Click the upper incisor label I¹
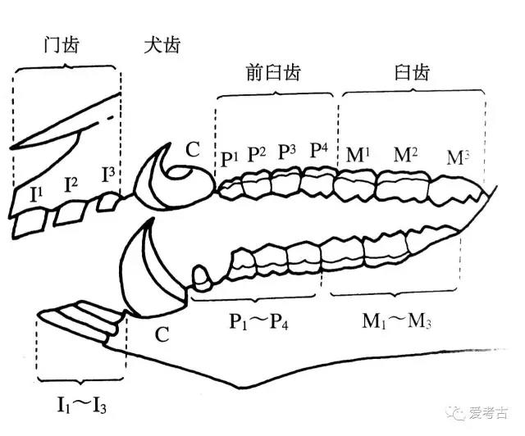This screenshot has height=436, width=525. [36, 194]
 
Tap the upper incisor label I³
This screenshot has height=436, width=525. [108, 174]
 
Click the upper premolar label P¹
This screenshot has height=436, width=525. [229, 157]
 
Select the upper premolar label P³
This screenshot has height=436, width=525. [287, 152]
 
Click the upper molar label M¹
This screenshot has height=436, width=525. [358, 153]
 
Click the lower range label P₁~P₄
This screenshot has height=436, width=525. [260, 320]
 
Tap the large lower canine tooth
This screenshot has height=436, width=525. [148, 270]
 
